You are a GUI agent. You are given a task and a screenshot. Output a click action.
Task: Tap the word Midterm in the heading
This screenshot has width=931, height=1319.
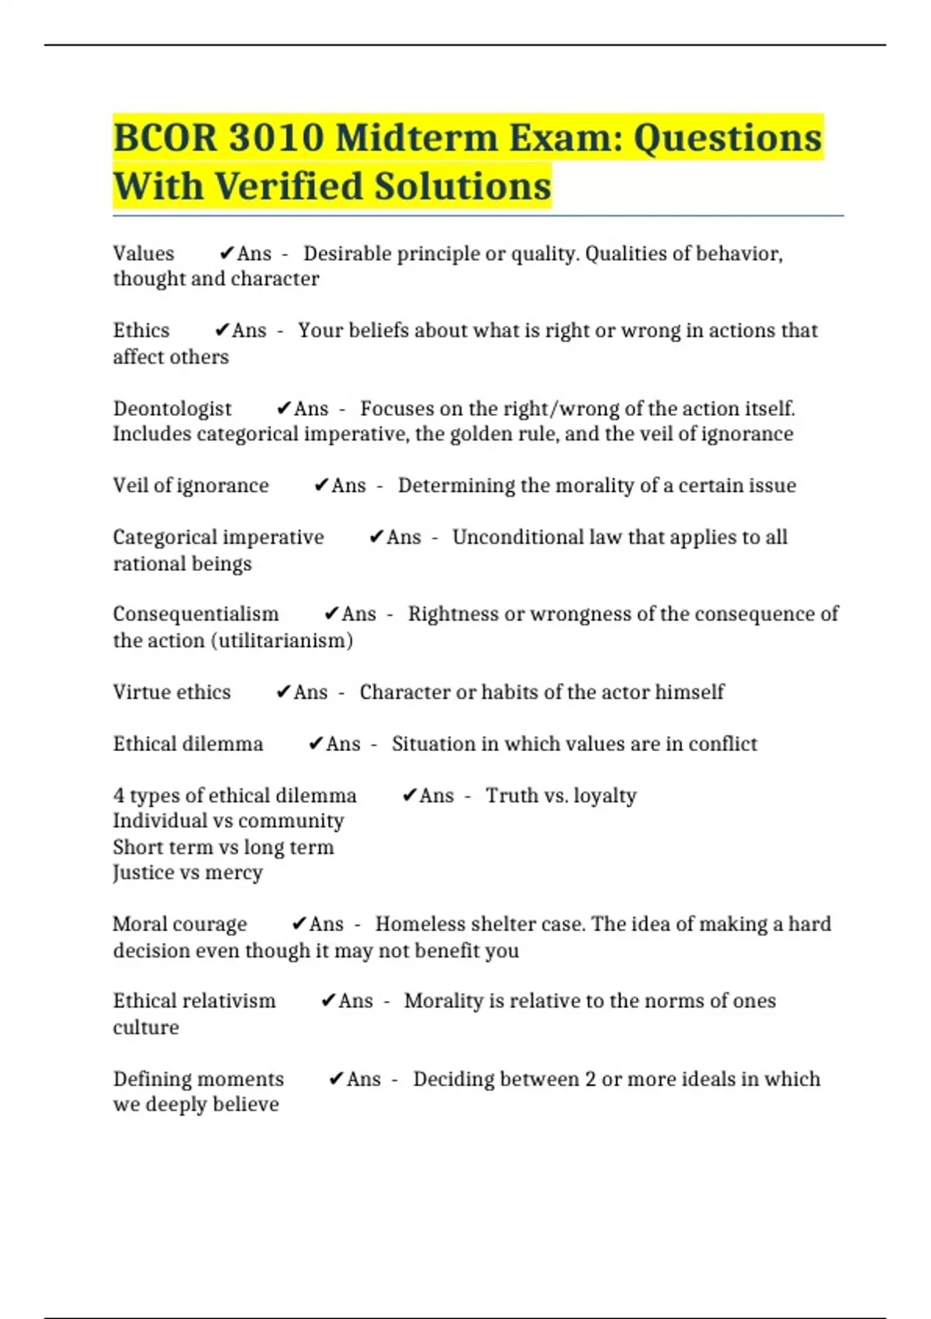417,138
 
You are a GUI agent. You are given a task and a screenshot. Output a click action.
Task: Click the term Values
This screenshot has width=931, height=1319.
144,254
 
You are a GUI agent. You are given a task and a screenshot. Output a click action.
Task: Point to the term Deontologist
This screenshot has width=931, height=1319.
172,409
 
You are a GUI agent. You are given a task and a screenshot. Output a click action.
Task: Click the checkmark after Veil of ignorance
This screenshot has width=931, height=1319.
321,486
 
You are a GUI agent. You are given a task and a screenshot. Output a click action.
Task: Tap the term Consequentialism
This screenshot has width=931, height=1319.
196,614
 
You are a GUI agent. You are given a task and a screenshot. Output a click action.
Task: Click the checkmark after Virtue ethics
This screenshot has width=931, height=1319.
283,692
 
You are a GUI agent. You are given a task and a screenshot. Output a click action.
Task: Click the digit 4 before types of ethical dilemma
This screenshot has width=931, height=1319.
119,796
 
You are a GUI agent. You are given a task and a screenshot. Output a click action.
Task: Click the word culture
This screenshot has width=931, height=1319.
146,1027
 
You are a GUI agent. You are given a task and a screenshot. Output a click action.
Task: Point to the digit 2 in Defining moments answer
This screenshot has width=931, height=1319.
590,1079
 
